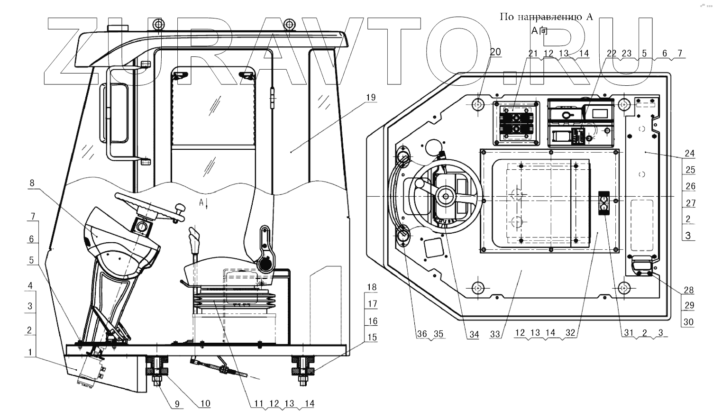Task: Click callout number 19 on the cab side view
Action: coord(371,97)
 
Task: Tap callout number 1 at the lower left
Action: coord(30,352)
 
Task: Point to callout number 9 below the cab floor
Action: coord(177,404)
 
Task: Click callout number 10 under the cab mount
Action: coord(205,404)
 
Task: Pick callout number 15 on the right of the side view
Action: coord(372,337)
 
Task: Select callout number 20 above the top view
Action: coord(495,52)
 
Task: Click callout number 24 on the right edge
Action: coord(690,153)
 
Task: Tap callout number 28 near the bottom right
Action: coord(688,290)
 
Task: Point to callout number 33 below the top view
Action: coord(495,334)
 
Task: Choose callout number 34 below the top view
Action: coord(474,334)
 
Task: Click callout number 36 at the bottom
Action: coord(421,334)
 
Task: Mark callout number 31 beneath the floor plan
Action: coord(629,333)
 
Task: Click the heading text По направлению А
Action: coord(546,17)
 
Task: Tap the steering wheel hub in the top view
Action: coord(446,194)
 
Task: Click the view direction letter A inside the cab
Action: coord(201,202)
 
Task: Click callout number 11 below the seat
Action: coord(258,404)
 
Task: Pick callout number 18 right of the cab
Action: coord(372,287)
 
